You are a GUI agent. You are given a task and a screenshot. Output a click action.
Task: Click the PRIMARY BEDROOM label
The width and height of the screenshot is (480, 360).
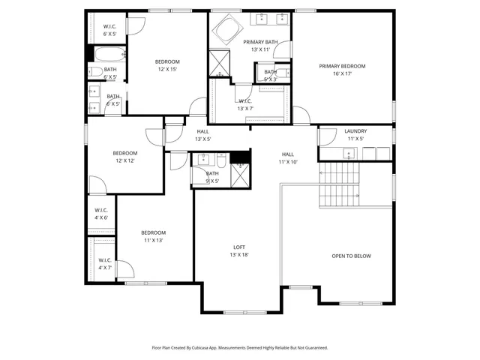[342, 70]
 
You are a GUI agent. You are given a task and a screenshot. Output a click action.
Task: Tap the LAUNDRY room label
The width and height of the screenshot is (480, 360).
[355, 135]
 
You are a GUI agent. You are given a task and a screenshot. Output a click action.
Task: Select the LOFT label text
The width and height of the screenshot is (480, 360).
[238, 251]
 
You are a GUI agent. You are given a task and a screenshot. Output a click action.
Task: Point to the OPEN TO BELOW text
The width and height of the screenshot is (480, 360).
[351, 256]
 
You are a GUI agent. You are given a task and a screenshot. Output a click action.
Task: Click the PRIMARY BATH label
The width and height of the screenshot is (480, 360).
[260, 46]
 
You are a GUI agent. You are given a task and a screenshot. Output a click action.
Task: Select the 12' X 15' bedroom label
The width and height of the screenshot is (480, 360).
[167, 65]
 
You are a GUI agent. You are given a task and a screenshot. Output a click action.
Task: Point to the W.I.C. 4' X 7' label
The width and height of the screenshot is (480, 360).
[104, 264]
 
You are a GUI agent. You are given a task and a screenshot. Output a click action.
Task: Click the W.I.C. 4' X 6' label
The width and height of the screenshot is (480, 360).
[101, 214]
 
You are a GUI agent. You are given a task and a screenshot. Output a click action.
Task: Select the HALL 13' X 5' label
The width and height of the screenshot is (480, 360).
[202, 135]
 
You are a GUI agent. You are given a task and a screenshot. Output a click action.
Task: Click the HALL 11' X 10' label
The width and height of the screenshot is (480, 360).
[288, 157]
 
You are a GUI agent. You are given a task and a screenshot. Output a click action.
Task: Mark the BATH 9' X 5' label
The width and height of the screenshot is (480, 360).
[212, 177]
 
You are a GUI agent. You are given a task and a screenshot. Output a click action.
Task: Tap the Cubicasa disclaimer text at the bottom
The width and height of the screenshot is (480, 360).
[239, 347]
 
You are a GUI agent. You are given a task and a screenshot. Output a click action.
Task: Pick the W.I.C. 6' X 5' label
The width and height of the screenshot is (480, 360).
[109, 30]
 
